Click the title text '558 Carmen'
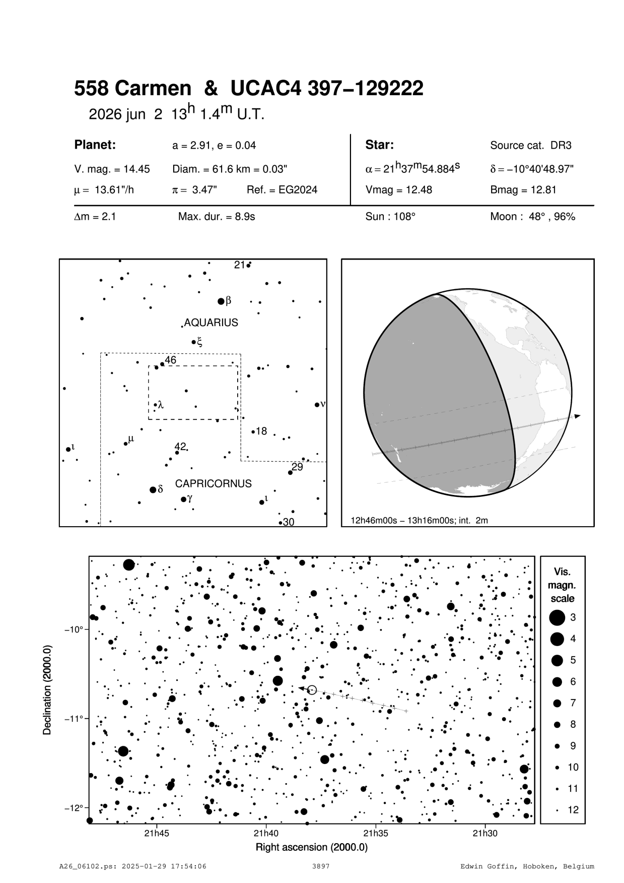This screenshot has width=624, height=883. click(x=132, y=89)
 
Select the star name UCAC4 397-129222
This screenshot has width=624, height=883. click(x=327, y=89)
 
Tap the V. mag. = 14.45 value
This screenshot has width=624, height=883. click(x=112, y=169)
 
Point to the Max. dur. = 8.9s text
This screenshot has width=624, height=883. click(x=217, y=217)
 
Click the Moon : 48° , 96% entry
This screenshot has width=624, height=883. click(x=532, y=217)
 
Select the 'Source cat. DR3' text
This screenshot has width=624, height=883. click(x=531, y=146)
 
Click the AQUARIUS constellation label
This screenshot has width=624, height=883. click(x=211, y=323)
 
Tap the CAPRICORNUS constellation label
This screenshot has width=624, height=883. click(x=213, y=484)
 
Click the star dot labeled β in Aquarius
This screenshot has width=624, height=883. click(x=221, y=301)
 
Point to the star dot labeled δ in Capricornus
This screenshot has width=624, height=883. click(x=153, y=490)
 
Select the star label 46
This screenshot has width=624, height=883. click(x=171, y=360)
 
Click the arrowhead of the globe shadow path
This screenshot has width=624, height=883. click(x=577, y=416)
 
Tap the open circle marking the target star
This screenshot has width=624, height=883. click(x=312, y=690)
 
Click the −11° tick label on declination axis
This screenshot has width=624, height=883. click(x=73, y=718)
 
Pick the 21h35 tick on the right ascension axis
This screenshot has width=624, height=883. click(x=375, y=833)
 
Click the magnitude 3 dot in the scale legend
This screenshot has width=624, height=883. click(x=557, y=617)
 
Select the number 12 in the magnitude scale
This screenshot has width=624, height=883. click(x=573, y=810)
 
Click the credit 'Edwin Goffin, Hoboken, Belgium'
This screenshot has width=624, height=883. click(x=527, y=866)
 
